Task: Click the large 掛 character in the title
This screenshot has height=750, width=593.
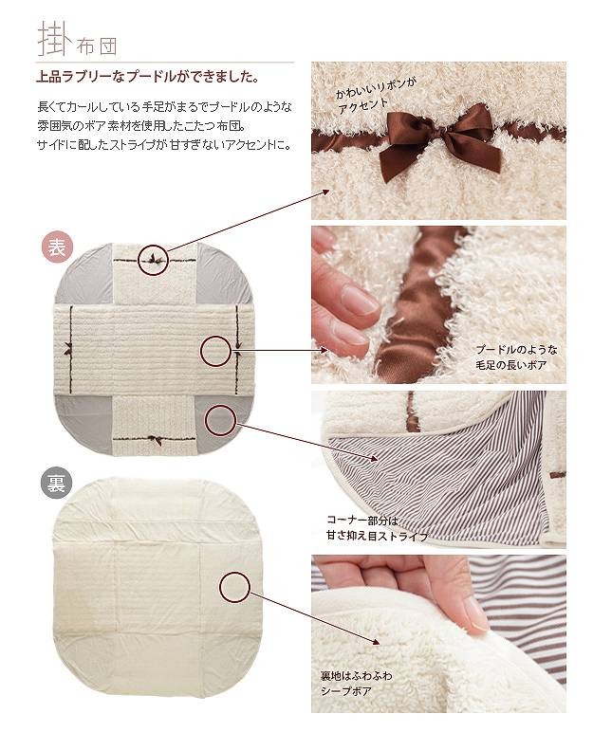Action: (x=55, y=39)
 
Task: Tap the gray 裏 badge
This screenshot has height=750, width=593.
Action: (x=57, y=485)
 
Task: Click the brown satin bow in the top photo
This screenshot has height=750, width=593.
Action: (x=439, y=138)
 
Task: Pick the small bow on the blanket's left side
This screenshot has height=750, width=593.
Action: (x=67, y=349)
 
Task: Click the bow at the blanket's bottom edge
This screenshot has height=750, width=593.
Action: (x=155, y=440)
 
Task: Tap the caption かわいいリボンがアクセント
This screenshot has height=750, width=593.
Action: (x=376, y=97)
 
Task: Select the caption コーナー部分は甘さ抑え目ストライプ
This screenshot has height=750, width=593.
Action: (x=377, y=528)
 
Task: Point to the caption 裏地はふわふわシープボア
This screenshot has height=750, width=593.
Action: (x=356, y=683)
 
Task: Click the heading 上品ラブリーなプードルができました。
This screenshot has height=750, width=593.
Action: (x=148, y=77)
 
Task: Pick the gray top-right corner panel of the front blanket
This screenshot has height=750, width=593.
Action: (x=223, y=273)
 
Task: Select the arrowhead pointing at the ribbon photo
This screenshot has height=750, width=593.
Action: (x=325, y=192)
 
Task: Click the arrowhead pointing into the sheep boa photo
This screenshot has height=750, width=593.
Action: (x=375, y=641)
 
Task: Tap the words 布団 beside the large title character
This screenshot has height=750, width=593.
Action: (x=96, y=46)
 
